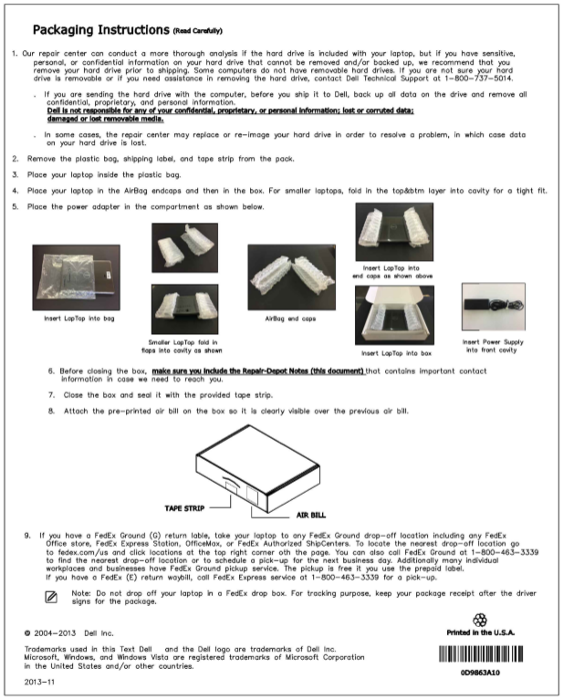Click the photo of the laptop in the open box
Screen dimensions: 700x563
[x=394, y=315]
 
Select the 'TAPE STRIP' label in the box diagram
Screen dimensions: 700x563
[x=186, y=505]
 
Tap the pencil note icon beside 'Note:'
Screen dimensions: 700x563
[x=52, y=597]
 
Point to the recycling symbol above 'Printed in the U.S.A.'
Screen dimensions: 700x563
[x=480, y=619]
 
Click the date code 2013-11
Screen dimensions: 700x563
[x=40, y=681]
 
